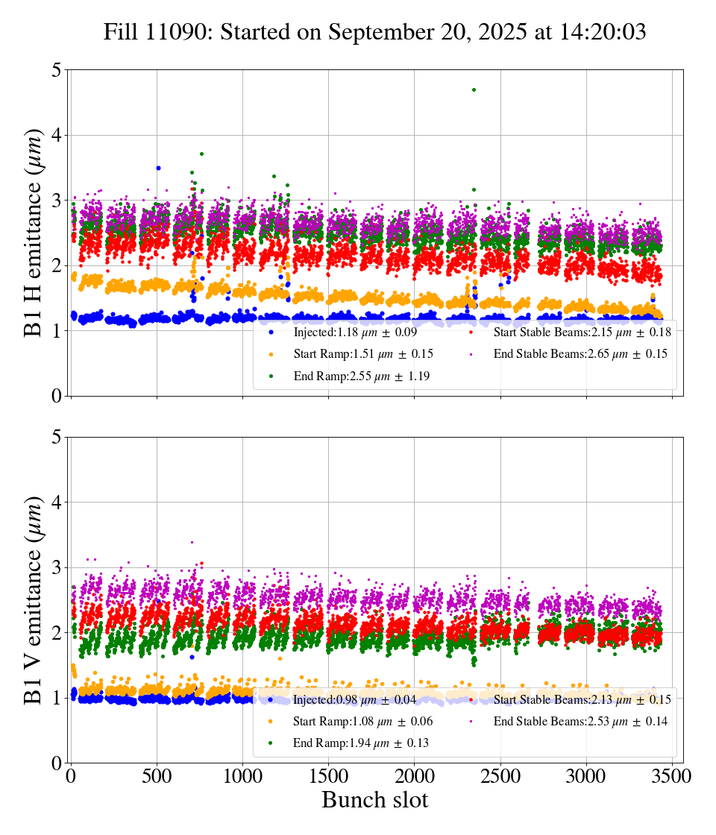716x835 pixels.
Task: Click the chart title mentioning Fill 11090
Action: click(374, 32)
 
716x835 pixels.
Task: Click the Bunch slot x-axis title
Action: click(374, 801)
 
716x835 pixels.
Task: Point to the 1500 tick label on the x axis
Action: click(329, 775)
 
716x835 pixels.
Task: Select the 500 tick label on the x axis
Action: click(157, 775)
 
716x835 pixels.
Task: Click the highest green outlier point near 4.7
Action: click(474, 89)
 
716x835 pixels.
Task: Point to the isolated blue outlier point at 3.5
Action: click(158, 168)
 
